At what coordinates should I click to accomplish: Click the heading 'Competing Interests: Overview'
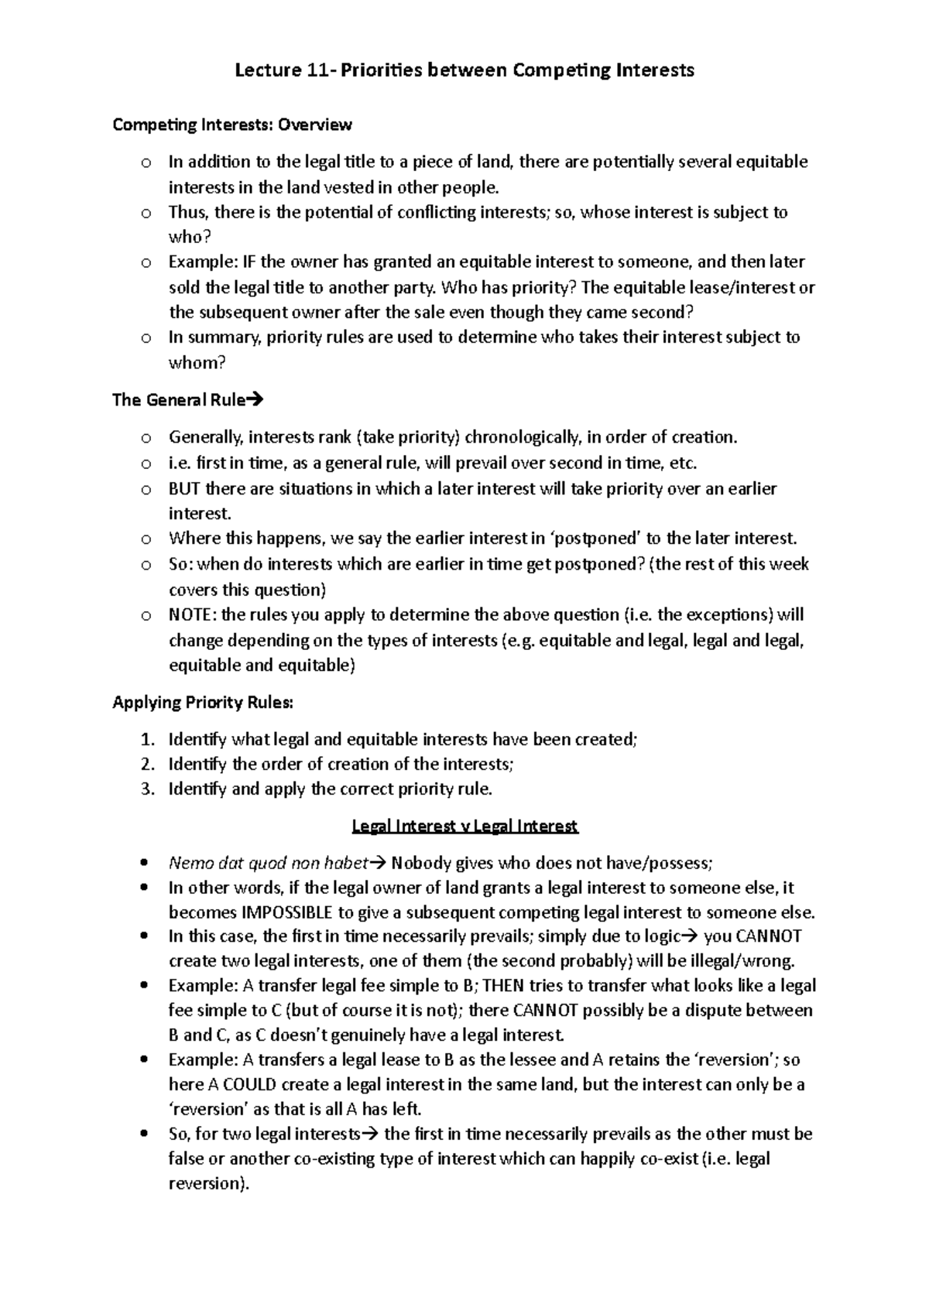[232, 125]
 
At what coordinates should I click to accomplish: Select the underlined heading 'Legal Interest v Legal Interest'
[464, 826]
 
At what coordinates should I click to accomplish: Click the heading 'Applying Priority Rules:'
[203, 703]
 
